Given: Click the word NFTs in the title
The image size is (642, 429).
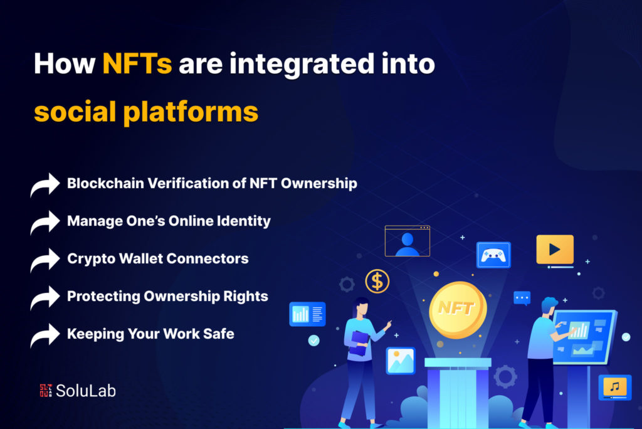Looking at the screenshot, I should pyautogui.click(x=137, y=65).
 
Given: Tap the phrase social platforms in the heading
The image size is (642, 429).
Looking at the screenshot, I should pyautogui.click(x=145, y=111).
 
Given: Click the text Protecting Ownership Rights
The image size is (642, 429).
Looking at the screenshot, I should pyautogui.click(x=167, y=296).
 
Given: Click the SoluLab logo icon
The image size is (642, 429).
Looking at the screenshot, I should pyautogui.click(x=45, y=390).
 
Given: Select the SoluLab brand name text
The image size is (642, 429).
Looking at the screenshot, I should pyautogui.click(x=86, y=391).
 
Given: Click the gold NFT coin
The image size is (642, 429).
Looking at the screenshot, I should pyautogui.click(x=458, y=310).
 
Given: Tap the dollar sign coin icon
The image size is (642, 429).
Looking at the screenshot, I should pyautogui.click(x=377, y=282).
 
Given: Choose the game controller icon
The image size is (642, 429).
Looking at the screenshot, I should pyautogui.click(x=493, y=255).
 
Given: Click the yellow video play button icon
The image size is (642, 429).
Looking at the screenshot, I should pyautogui.click(x=554, y=249).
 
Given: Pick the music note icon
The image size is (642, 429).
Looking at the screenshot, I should pyautogui.click(x=614, y=386).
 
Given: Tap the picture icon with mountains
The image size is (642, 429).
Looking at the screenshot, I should pyautogui.click(x=400, y=361).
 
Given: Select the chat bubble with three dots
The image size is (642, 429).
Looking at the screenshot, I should pyautogui.click(x=522, y=298).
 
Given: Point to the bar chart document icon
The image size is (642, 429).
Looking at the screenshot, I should pyautogui.click(x=307, y=314).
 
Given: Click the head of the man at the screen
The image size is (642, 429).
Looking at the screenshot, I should pyautogui.click(x=549, y=306).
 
